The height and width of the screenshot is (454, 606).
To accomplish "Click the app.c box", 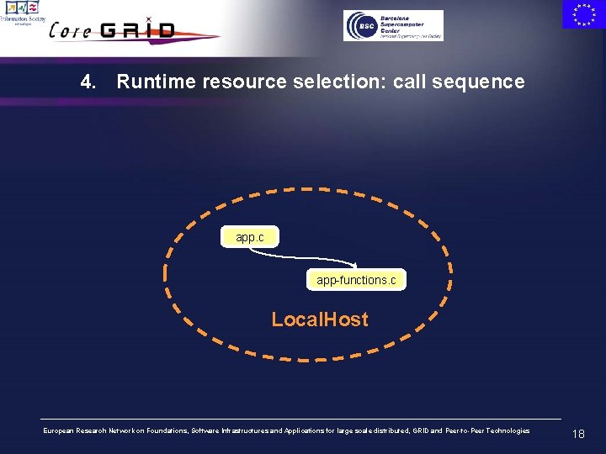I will [249, 238].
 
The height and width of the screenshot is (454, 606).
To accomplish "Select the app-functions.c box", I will [356, 280].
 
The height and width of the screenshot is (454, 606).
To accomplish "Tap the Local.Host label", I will [319, 319].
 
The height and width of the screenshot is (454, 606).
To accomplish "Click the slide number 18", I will [577, 434].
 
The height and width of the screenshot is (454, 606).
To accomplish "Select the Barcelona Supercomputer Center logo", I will [393, 25].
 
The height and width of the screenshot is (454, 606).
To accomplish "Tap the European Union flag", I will [582, 14].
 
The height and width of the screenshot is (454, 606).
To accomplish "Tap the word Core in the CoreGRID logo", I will [72, 31].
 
